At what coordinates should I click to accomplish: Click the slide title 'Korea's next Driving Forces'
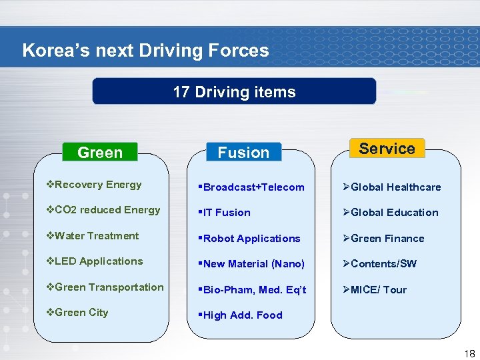point(145,51)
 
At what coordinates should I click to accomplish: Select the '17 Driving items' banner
point(234,92)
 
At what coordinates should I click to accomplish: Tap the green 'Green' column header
point(100,153)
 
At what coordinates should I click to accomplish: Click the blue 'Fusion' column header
point(243,153)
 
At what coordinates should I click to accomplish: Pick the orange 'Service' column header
point(387,149)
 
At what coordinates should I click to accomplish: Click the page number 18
point(469,354)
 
